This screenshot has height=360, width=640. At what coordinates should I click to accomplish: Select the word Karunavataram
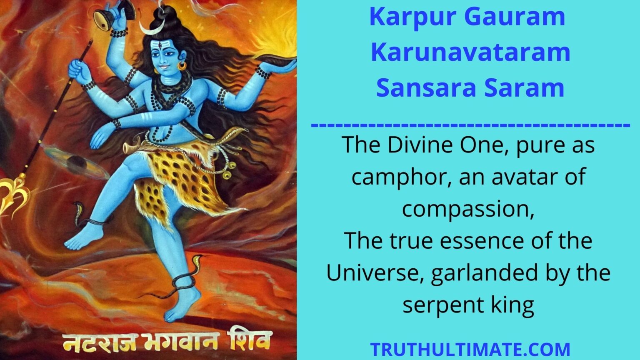click(x=470, y=52)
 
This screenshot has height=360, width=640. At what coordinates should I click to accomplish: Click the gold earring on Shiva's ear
click(x=182, y=66)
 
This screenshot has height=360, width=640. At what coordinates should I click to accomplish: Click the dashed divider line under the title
click(x=470, y=125)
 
